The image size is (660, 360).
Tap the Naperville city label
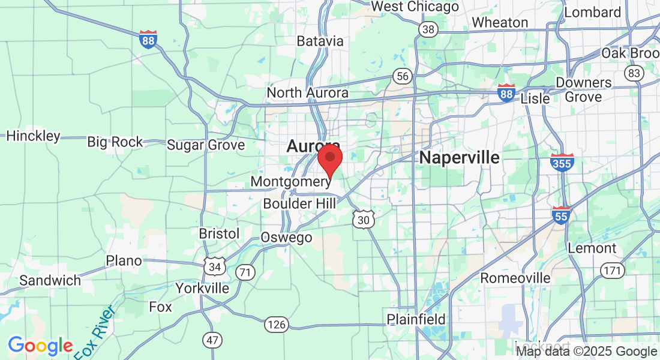[460, 158]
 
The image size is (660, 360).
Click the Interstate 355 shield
[562, 163]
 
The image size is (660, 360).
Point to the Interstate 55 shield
[561, 215]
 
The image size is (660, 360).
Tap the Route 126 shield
[277, 325]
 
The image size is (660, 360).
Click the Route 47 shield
[212, 340]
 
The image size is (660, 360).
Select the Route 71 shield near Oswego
[245, 272]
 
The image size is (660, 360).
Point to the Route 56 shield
[403, 76]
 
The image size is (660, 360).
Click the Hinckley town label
[34, 136]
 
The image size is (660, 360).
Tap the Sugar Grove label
[206, 145]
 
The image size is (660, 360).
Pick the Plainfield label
[416, 319]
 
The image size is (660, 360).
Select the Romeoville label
[515, 278]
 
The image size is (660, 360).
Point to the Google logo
[40, 346]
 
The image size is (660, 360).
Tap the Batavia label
[320, 41]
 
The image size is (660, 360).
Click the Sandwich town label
[50, 280]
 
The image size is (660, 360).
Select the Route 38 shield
[428, 30]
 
